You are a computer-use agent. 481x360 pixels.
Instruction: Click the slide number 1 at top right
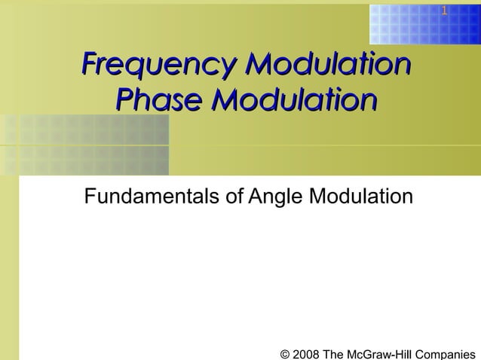pyautogui.click(x=444, y=11)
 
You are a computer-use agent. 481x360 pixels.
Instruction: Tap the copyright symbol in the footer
pyautogui.click(x=285, y=353)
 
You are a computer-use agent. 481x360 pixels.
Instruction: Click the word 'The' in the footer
pyautogui.click(x=336, y=353)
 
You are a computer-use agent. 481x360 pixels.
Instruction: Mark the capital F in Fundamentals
pyautogui.click(x=90, y=197)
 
